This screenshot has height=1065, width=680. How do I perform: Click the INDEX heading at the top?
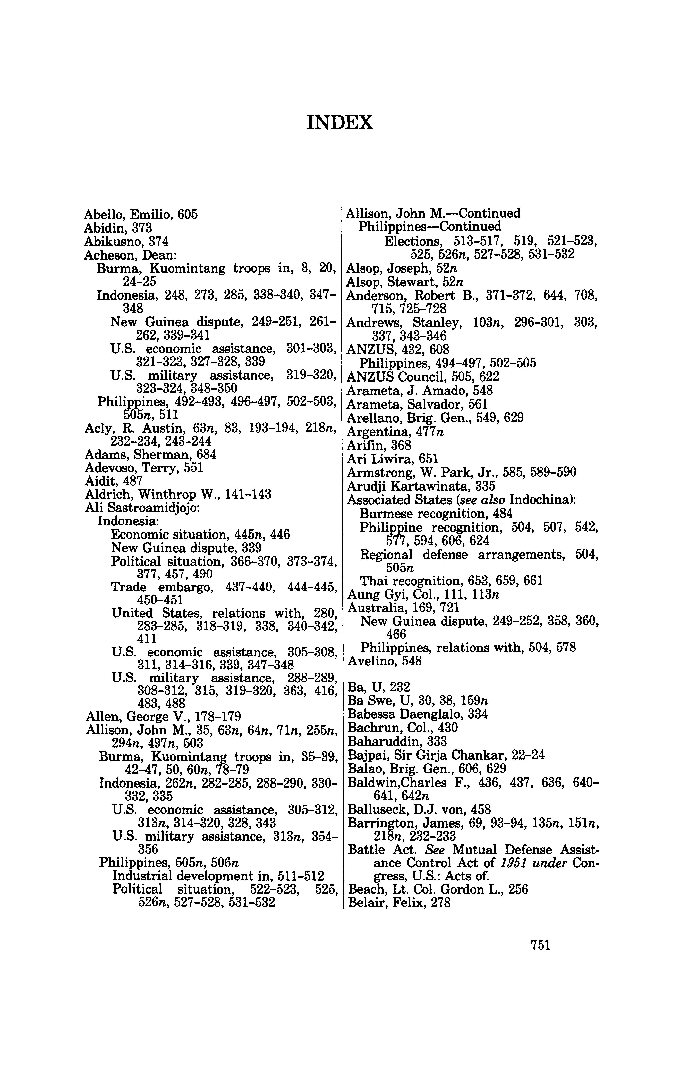pyautogui.click(x=340, y=122)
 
